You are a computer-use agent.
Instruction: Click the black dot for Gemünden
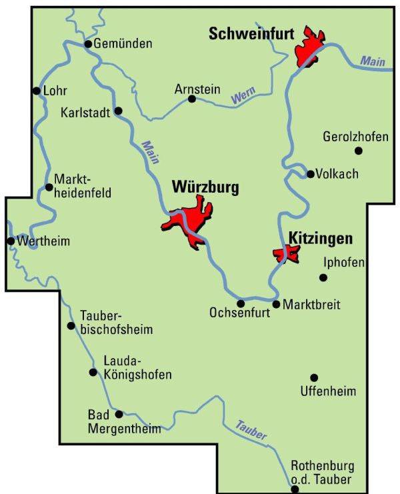(87, 44)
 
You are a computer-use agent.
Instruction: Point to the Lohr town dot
(36, 91)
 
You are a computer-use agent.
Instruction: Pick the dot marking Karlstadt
(118, 111)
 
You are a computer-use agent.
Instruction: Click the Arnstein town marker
(192, 99)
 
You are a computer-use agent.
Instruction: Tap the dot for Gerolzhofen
(358, 151)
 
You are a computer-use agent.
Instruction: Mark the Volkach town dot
(310, 174)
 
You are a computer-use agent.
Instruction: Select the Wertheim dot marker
(11, 241)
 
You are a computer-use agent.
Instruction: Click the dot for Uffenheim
(314, 377)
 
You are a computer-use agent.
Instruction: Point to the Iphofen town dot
(323, 277)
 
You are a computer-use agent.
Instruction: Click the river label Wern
(243, 97)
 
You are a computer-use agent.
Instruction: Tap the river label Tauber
(251, 431)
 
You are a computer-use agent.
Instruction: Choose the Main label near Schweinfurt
(373, 61)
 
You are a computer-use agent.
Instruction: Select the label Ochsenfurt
(239, 312)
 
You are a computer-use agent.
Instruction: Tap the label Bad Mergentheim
(124, 422)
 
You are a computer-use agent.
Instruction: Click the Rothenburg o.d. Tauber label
(322, 473)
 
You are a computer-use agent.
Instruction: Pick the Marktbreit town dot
(276, 304)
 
